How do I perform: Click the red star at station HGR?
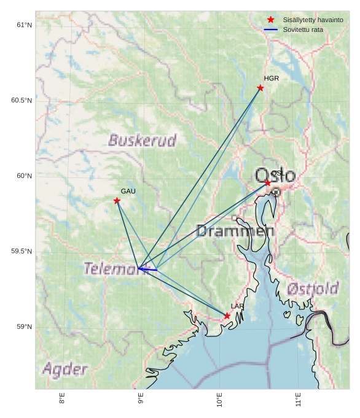[260, 88]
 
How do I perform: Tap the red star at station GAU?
[117, 201]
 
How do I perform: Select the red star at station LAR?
[227, 315]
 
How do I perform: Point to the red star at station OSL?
[268, 183]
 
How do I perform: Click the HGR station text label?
[271, 79]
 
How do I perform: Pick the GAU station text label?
[128, 192]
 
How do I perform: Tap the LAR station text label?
[237, 306]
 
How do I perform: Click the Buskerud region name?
[142, 141]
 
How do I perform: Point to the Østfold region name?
[313, 288]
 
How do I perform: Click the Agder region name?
[65, 370]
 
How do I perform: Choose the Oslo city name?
[275, 176]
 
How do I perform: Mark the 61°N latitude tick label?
[24, 25]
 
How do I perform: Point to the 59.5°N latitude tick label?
[22, 252]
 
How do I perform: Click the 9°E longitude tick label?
[141, 398]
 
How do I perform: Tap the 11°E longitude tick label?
[299, 400]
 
